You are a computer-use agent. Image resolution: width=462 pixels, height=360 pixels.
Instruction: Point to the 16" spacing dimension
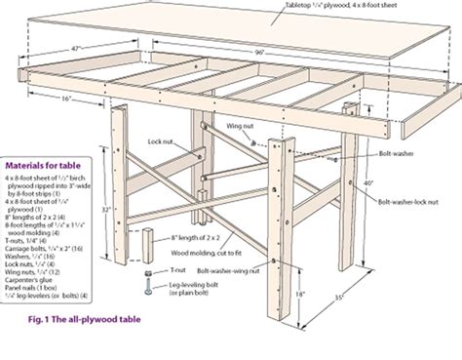click(64, 99)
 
